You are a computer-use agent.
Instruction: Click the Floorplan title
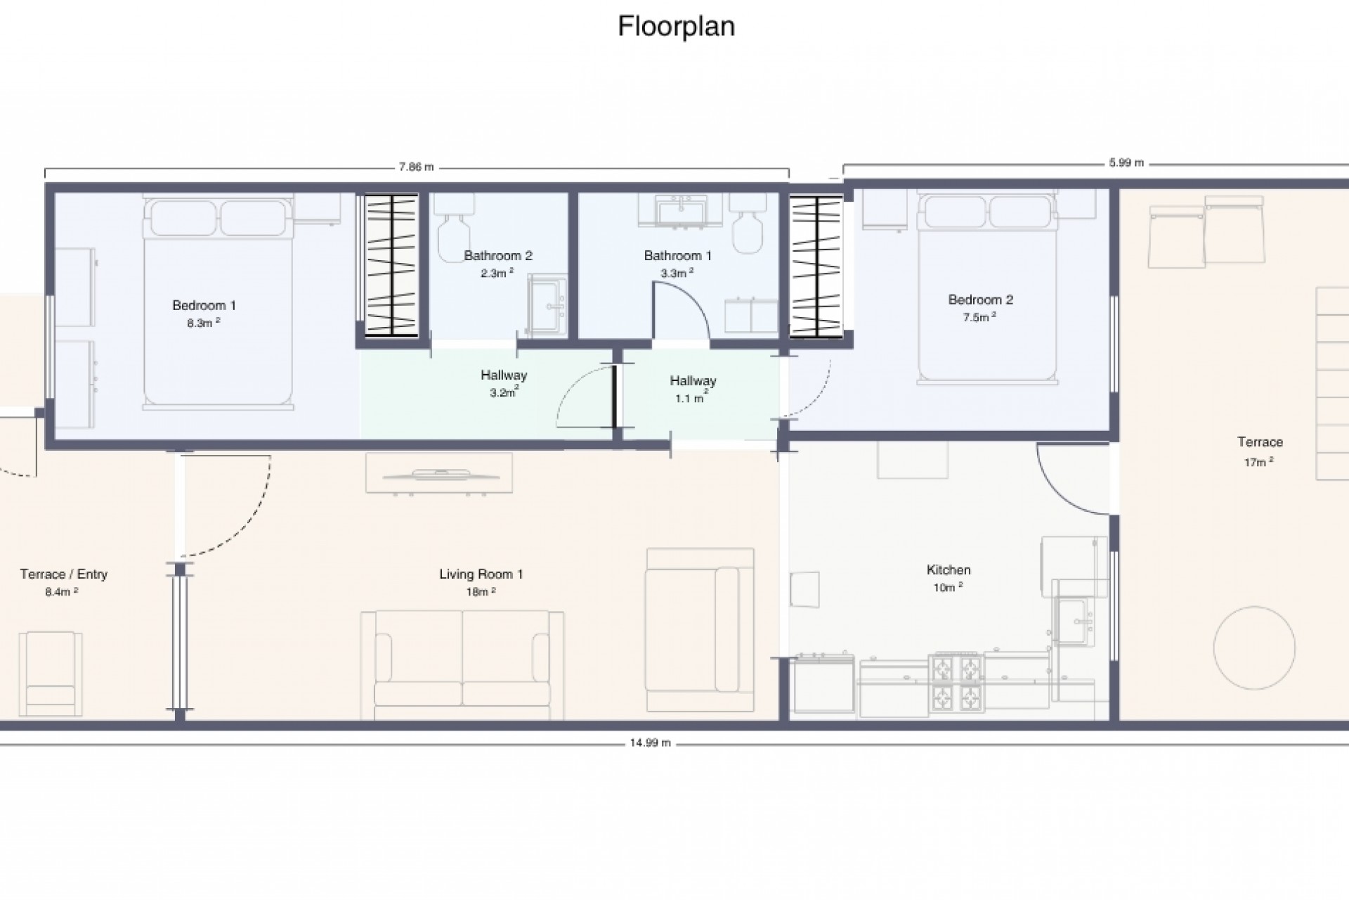676,27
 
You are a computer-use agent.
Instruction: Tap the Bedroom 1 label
204,305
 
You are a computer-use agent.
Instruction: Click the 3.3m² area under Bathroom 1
676,273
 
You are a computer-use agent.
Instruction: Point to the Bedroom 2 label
980,300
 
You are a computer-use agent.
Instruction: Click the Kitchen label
949,570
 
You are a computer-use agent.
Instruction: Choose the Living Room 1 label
481,574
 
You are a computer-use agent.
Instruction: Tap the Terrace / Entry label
64,574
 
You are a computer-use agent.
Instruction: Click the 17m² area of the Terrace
1258,462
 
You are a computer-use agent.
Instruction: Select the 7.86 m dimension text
416,167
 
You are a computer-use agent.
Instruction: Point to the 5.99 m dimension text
1126,163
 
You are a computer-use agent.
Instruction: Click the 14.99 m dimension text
650,742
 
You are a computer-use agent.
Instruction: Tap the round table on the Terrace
1254,648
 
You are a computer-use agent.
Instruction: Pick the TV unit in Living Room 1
438,473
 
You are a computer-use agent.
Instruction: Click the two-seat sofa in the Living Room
462,665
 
